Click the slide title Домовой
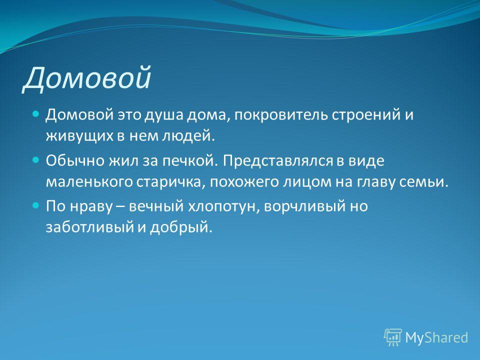tap(87, 78)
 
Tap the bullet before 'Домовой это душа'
tap(36, 114)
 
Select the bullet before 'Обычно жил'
tap(36, 160)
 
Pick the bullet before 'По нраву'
tap(36, 205)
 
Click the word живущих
tap(79, 136)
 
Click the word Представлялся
tap(277, 160)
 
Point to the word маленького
tap(89, 182)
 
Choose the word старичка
tap(170, 182)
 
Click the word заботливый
tap(89, 227)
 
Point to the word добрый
tap(180, 227)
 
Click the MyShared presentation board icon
tap(393, 337)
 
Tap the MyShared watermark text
tap(436, 338)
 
